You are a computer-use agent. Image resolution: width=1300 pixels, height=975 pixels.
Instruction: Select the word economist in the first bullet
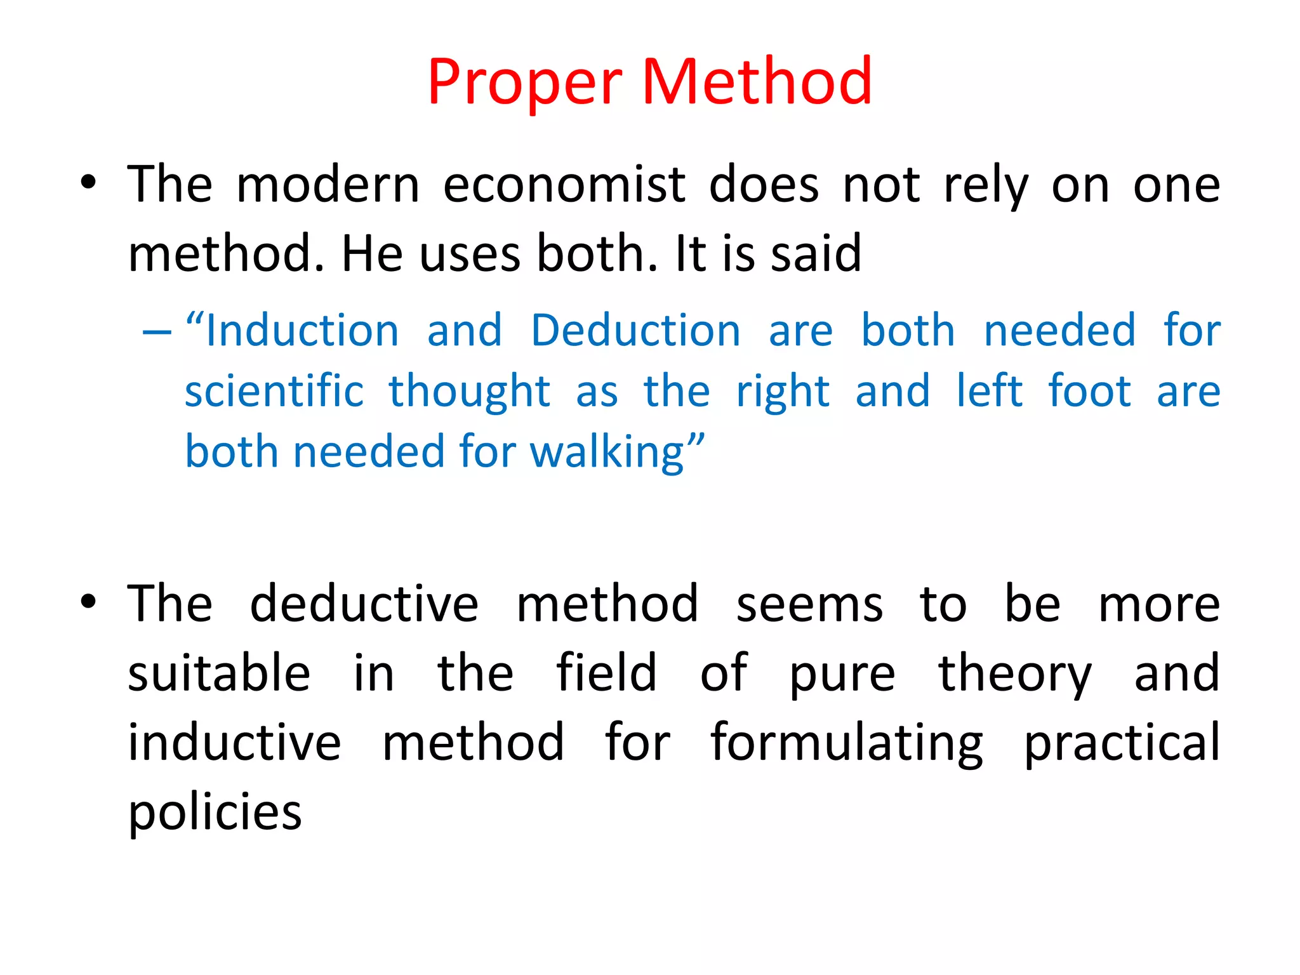coord(564,185)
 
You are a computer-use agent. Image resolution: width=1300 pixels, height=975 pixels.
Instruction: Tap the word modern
coord(328,185)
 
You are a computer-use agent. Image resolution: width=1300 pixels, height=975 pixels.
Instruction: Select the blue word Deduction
coord(635,331)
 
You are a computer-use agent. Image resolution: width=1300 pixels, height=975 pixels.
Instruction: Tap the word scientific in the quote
coord(274,391)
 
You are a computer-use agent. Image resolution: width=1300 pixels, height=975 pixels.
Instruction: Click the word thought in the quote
coord(469,392)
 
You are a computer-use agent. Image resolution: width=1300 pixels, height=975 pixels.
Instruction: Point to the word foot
coord(1089,391)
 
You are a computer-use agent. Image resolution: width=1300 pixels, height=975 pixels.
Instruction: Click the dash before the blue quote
coord(157,331)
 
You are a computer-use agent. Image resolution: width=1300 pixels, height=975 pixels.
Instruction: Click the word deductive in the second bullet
coord(364,604)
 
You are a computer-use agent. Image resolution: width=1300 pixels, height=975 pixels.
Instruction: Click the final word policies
coord(215,813)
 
